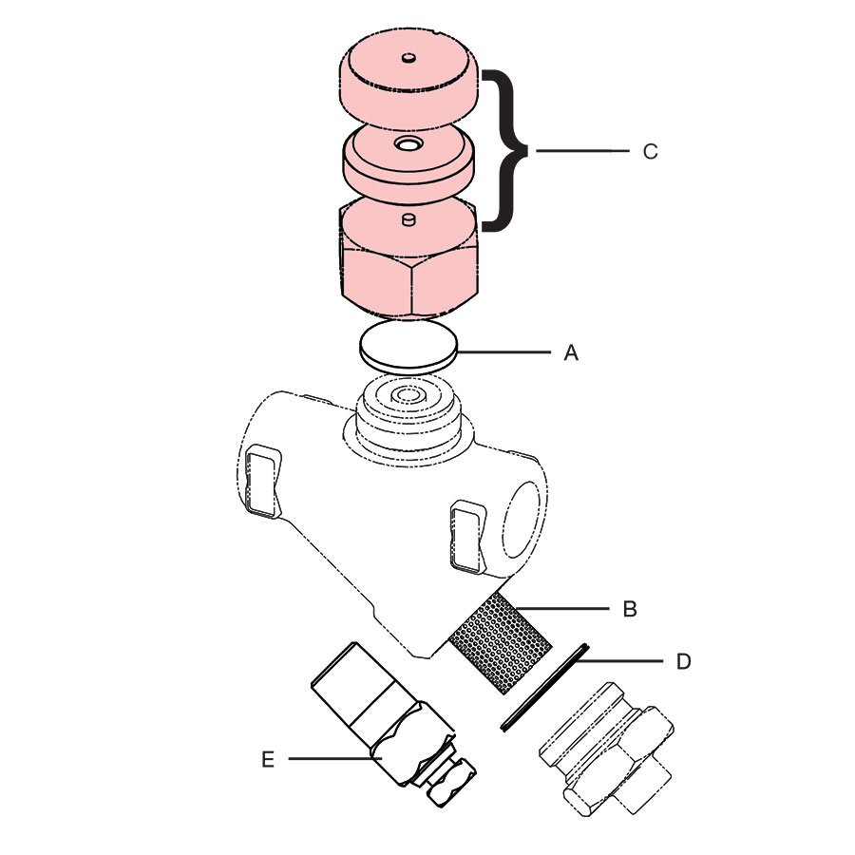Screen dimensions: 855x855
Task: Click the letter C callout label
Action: tap(650, 152)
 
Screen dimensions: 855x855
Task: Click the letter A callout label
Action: tap(571, 353)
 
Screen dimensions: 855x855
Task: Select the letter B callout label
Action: tap(629, 609)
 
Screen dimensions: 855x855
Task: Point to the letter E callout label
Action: tap(269, 759)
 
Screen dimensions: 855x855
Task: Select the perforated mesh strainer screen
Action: tap(500, 643)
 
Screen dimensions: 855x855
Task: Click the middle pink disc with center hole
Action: tap(408, 161)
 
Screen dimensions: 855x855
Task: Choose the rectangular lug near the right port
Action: tap(466, 538)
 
